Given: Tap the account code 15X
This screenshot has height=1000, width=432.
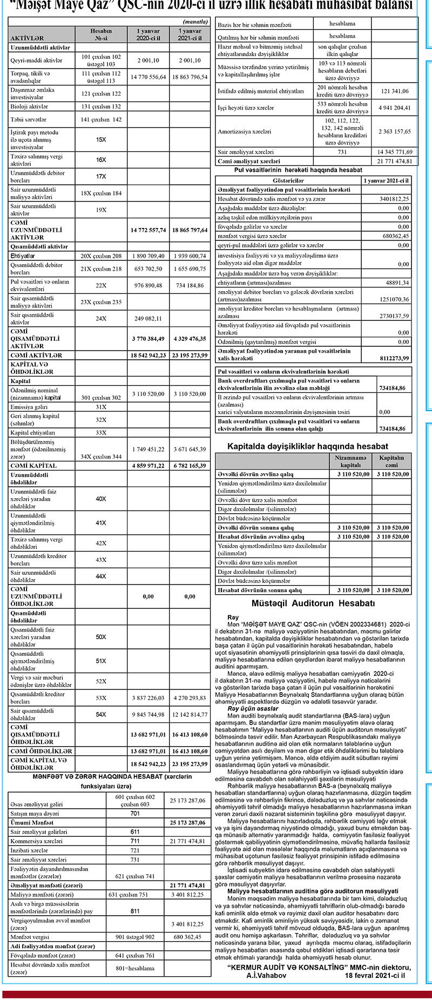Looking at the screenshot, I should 101,140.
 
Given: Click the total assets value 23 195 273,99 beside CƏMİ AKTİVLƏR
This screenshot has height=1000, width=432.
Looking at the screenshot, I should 190,355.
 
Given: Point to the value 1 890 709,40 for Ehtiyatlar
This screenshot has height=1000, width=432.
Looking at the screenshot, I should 148,256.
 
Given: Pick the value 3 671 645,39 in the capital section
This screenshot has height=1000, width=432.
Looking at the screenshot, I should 190,449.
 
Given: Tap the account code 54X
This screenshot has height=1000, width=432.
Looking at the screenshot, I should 101,715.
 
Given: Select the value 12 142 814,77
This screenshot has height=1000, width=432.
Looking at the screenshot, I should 190,715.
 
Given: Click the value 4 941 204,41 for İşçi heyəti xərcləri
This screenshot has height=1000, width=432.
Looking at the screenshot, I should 395,108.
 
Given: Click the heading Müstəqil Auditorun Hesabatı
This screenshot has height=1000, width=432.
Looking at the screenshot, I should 313,603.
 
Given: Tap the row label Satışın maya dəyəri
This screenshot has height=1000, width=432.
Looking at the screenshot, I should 34,813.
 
